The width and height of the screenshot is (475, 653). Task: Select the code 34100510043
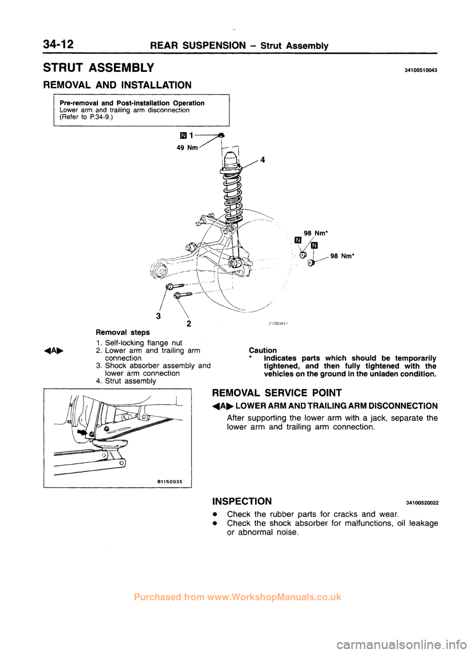point(419,70)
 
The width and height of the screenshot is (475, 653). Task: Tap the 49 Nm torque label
point(187,147)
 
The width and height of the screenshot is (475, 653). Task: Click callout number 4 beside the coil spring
point(263,160)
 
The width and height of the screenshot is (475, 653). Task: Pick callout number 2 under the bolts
point(189,324)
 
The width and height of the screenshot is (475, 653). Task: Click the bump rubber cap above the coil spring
point(230,160)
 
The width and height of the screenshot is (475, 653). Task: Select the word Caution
point(263,350)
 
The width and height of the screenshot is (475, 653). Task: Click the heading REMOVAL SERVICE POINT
point(277,393)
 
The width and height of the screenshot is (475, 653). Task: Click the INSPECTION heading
point(241,501)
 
